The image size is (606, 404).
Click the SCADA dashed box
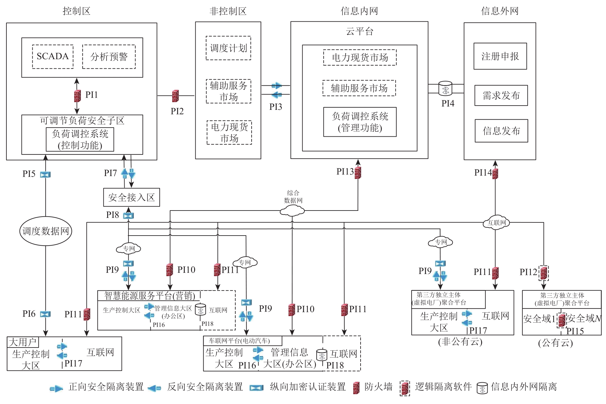point(53,56)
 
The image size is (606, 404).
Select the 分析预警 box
point(109,57)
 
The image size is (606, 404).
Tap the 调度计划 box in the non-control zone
point(228,48)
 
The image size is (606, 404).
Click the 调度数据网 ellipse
point(46,231)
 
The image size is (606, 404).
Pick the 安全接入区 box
point(132,197)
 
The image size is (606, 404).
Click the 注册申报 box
point(500,56)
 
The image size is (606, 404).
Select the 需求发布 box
point(501,96)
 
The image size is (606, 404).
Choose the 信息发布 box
point(501,131)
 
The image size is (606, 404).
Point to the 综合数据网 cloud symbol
point(292,211)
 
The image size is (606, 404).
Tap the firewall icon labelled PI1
point(78,96)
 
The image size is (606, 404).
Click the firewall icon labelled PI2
point(175,96)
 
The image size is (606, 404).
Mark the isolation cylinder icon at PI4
point(445,88)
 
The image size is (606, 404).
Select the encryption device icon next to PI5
point(45,175)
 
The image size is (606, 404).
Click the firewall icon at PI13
point(358,173)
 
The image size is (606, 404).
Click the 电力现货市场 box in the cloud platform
point(360,57)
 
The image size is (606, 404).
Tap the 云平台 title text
point(359,31)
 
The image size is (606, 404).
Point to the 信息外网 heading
point(500,11)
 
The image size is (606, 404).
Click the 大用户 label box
point(23,342)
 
